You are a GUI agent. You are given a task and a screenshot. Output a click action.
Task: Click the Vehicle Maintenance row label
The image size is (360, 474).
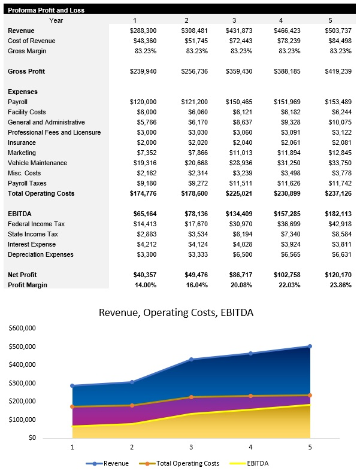pyautogui.click(x=37, y=163)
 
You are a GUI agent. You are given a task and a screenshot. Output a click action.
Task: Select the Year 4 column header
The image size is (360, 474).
pyautogui.click(x=282, y=20)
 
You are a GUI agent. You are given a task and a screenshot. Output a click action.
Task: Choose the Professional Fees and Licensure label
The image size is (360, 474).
pyautogui.click(x=54, y=133)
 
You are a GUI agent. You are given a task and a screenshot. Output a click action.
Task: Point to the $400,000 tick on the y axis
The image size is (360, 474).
pyautogui.click(x=22, y=364)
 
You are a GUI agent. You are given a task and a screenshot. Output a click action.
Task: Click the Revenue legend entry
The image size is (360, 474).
pyautogui.click(x=111, y=463)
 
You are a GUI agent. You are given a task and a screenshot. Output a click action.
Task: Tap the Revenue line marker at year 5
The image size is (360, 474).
pyautogui.click(x=310, y=346)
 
